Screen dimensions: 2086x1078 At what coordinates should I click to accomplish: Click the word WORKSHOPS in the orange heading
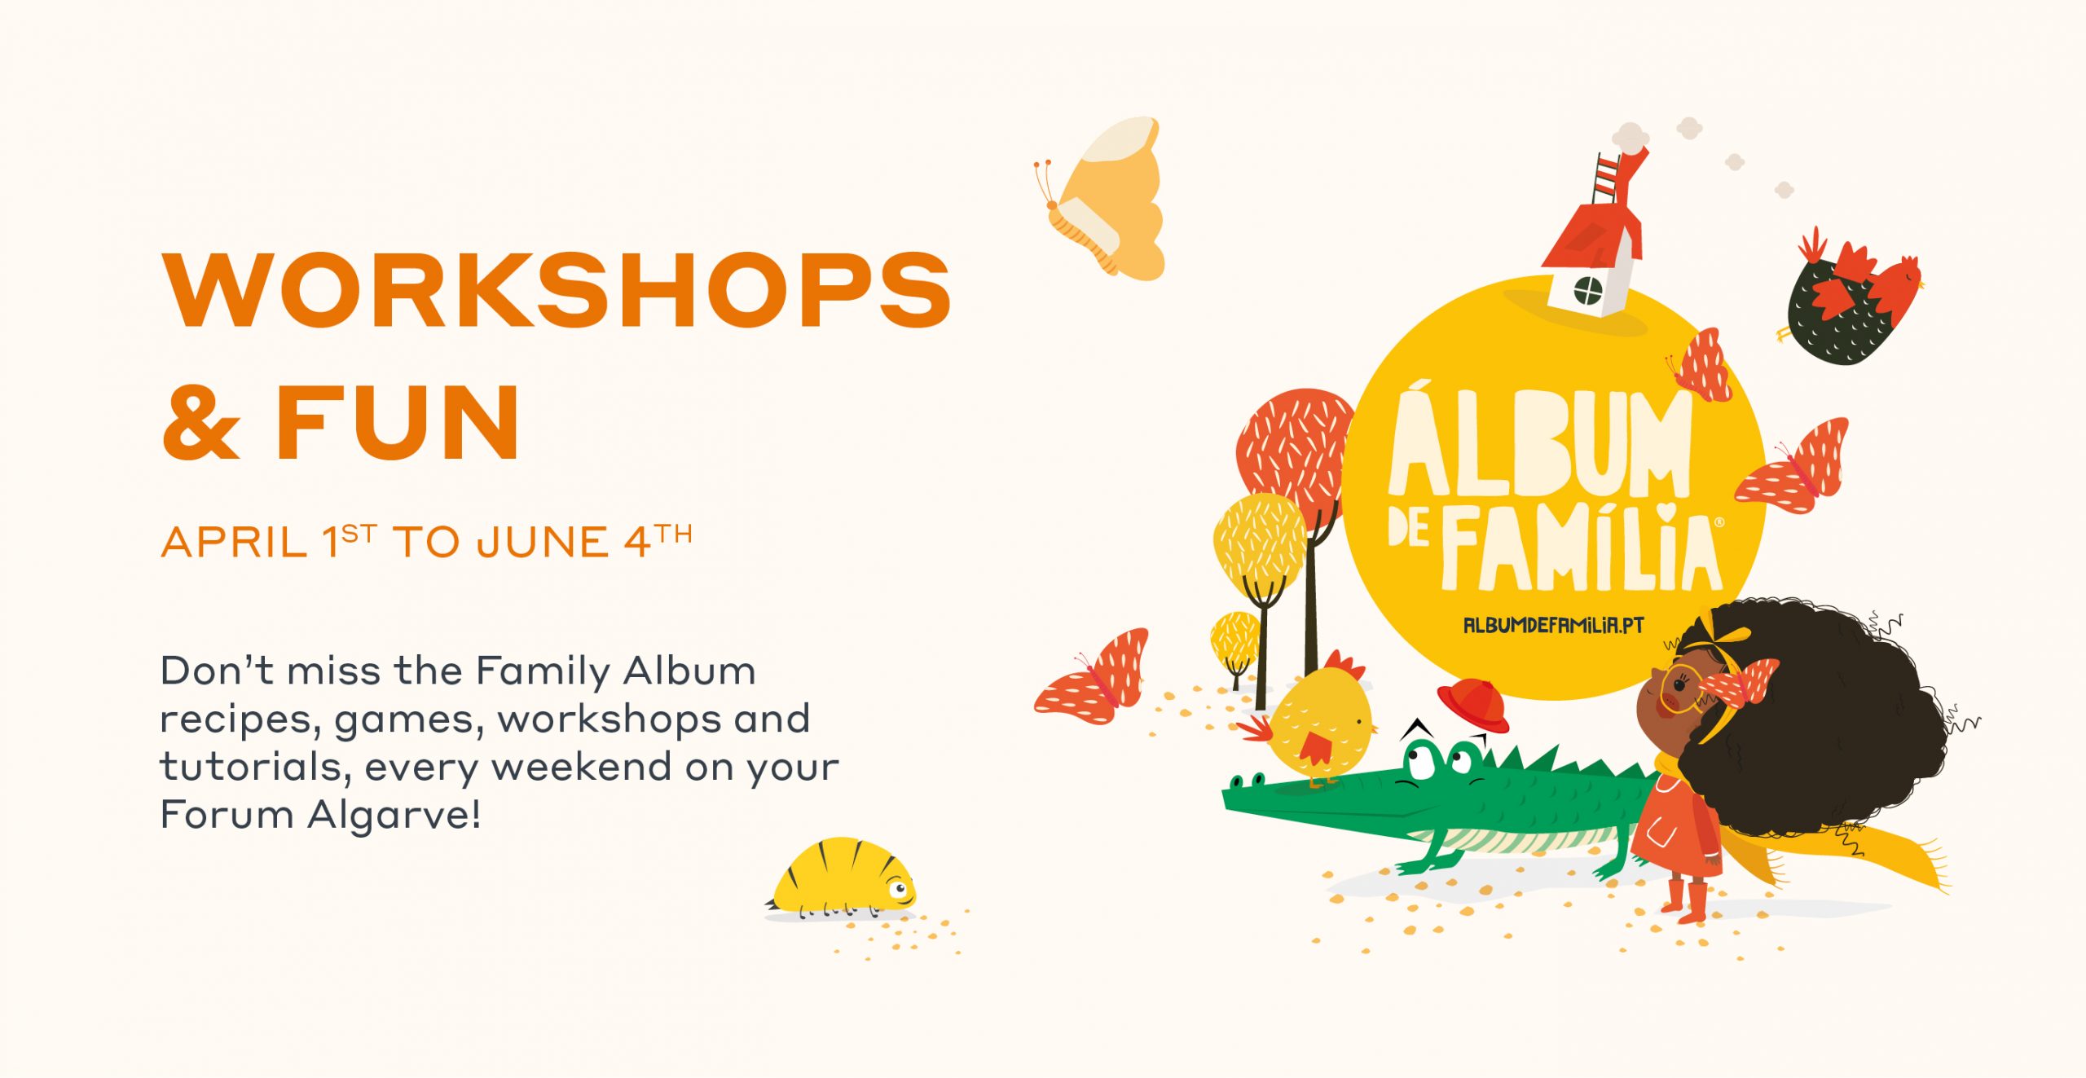(557, 290)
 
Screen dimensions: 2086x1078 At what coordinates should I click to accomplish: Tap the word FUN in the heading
(397, 422)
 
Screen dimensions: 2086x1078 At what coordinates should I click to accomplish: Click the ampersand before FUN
(201, 422)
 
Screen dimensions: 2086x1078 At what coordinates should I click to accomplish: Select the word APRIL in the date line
(234, 543)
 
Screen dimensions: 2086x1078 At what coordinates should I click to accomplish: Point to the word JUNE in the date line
(543, 543)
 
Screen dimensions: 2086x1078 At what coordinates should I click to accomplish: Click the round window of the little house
(1587, 290)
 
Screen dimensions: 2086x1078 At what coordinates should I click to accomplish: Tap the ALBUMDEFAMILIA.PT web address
(1554, 625)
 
